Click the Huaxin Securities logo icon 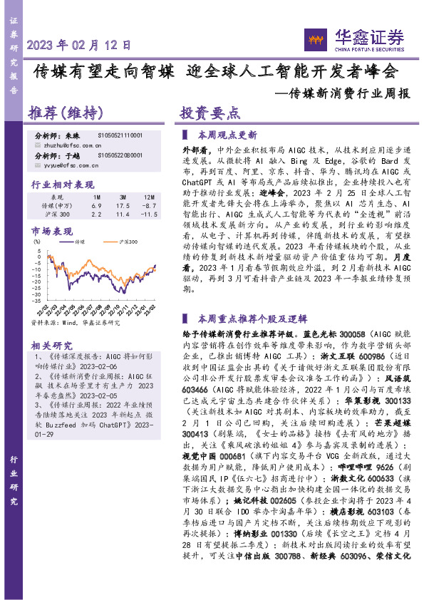coord(314,36)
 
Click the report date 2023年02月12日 coord(79,44)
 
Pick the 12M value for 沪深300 coord(148,214)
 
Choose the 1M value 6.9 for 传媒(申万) coord(97,205)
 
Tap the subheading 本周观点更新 coord(227,134)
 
